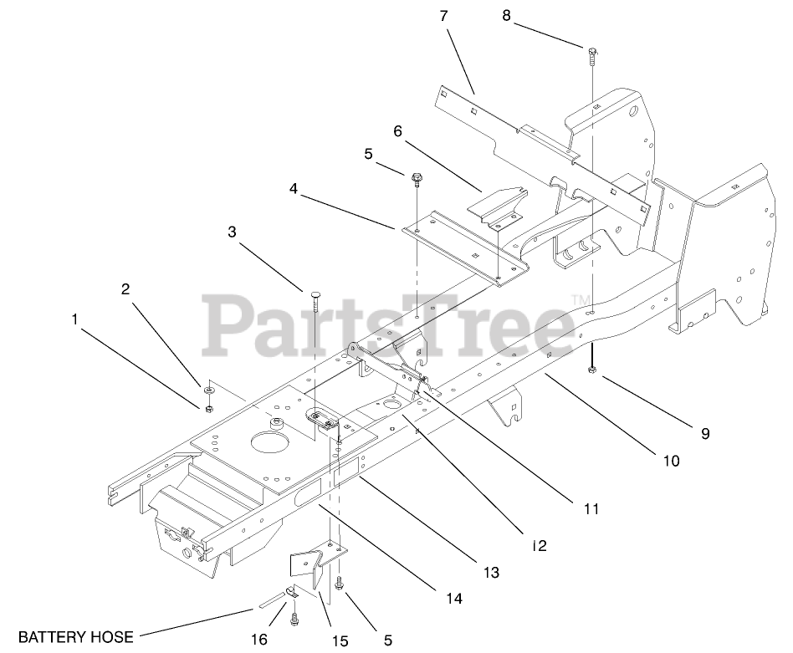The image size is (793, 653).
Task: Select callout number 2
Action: coord(125,289)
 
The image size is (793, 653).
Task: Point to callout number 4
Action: coord(294,189)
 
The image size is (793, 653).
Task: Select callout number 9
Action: coord(704,433)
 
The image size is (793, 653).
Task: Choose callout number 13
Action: coord(490,573)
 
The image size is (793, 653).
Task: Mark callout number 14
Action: coord(454,599)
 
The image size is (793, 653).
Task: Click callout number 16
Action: coord(259,640)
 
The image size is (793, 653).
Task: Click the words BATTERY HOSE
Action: coord(76,637)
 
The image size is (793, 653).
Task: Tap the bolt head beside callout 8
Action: coord(591,53)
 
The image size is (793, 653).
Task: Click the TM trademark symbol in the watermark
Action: coord(577,298)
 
